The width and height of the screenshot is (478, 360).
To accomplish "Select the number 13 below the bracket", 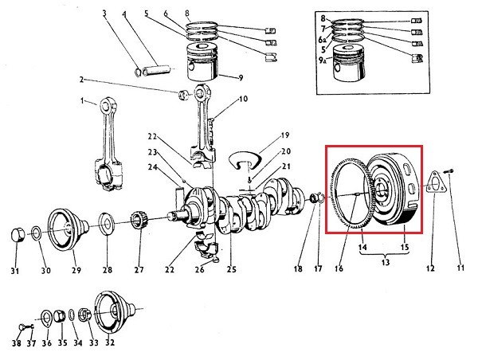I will [385, 261].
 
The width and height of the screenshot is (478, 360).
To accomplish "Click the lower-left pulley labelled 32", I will [113, 312].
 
